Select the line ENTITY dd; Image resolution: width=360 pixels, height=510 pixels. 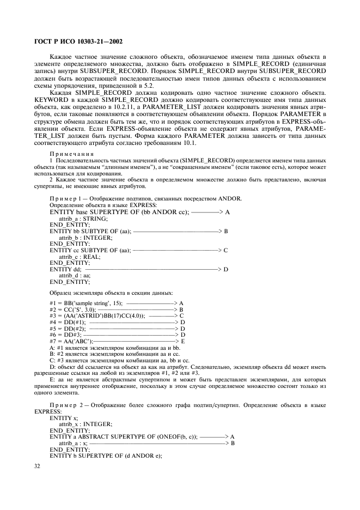coord(65,269)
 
